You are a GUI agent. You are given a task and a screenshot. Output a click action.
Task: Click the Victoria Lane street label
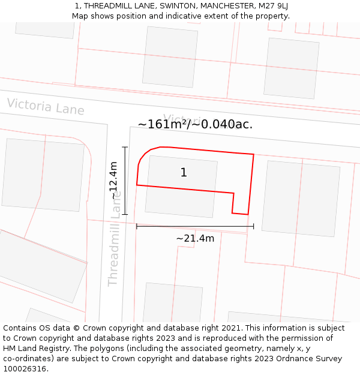tap(46, 107)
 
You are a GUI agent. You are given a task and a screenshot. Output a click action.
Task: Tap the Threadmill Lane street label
tap(115, 239)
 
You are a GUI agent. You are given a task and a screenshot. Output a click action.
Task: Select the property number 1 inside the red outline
tap(184, 173)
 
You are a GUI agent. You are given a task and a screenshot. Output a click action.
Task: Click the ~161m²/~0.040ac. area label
tap(195, 125)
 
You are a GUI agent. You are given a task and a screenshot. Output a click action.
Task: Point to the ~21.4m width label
tap(195, 238)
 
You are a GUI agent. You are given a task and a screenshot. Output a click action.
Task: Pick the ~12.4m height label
tap(114, 181)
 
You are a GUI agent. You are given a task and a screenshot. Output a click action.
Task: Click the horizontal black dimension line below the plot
tap(195, 226)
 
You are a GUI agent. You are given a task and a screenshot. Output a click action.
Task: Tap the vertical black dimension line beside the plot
tap(125, 180)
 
